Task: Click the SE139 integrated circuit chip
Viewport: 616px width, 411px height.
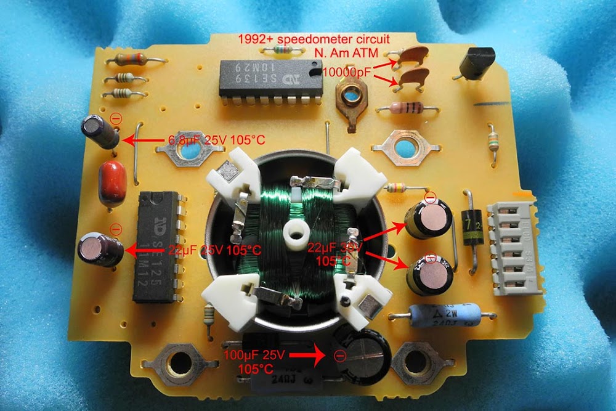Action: [271, 78]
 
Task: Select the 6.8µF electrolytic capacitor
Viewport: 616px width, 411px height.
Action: [101, 132]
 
